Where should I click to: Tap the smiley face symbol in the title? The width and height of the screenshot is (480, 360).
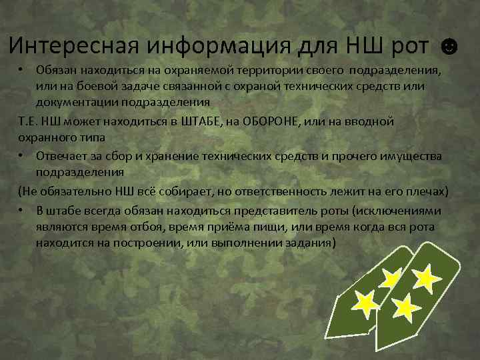pyautogui.click(x=450, y=47)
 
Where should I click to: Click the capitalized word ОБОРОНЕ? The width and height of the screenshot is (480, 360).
pyautogui.click(x=301, y=121)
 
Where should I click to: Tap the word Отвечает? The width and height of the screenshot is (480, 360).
pyautogui.click(x=63, y=155)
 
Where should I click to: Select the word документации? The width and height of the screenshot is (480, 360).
pyautogui.click(x=74, y=102)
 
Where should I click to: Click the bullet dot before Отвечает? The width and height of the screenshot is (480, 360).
pyautogui.click(x=21, y=155)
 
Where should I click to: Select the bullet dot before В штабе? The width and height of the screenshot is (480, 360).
pyautogui.click(x=21, y=210)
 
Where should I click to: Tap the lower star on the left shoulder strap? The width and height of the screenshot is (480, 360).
pyautogui.click(x=365, y=304)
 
